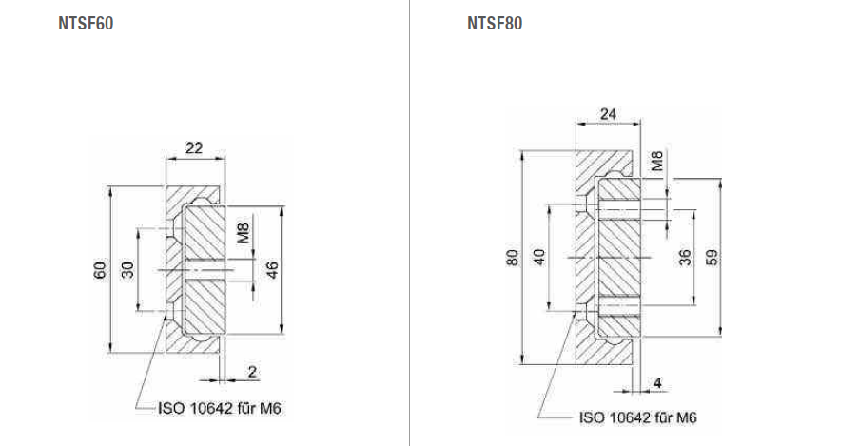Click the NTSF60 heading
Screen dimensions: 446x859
click(x=86, y=24)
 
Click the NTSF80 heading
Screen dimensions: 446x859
click(x=495, y=24)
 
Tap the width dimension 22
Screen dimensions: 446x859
click(x=194, y=147)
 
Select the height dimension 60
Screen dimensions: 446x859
click(x=100, y=270)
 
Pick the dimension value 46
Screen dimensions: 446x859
click(x=271, y=270)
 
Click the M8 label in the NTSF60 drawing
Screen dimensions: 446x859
click(x=243, y=233)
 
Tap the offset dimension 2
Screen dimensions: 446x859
click(x=253, y=370)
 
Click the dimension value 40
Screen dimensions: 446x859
click(x=539, y=258)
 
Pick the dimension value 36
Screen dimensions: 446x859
click(x=685, y=258)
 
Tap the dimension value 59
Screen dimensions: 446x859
click(x=713, y=258)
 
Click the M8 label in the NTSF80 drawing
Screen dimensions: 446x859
click(x=657, y=161)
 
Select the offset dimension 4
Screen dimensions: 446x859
click(x=658, y=384)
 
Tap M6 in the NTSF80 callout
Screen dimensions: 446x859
click(x=688, y=417)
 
